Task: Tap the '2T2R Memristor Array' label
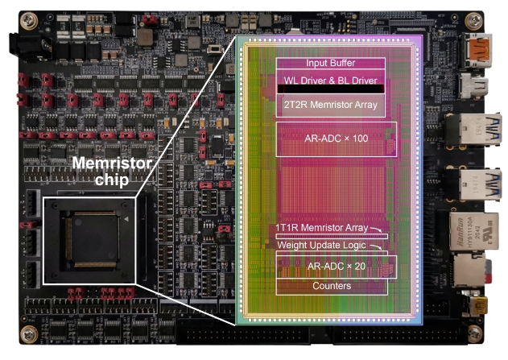click(x=330, y=105)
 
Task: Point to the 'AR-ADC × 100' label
click(x=337, y=139)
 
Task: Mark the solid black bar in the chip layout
click(x=330, y=90)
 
